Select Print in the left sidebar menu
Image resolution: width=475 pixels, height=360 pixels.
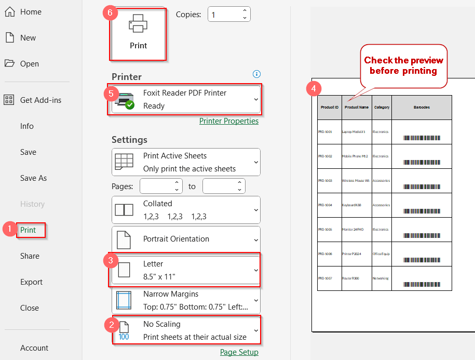pos(29,230)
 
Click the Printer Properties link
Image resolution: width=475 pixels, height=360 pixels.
pos(228,121)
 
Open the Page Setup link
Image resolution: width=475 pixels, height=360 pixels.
pos(239,352)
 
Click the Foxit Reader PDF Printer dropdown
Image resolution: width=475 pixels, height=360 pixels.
pos(186,99)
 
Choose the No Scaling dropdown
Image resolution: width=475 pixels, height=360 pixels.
pos(186,330)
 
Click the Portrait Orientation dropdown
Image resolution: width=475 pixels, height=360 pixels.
pos(186,239)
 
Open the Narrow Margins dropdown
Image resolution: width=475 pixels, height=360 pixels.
pos(186,300)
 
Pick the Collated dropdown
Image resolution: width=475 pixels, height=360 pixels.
pos(186,210)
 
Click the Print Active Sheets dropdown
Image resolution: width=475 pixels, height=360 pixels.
pos(186,162)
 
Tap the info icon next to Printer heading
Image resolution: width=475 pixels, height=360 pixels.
pos(256,74)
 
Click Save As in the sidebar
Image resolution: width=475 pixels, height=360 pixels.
pos(33,178)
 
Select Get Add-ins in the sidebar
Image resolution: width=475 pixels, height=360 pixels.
pos(40,100)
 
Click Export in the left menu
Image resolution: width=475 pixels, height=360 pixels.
pos(31,282)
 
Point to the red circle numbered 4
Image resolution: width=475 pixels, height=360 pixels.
pos(313,88)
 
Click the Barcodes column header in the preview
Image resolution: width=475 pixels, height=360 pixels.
pos(422,108)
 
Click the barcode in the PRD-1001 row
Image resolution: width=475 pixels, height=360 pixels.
pos(422,138)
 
